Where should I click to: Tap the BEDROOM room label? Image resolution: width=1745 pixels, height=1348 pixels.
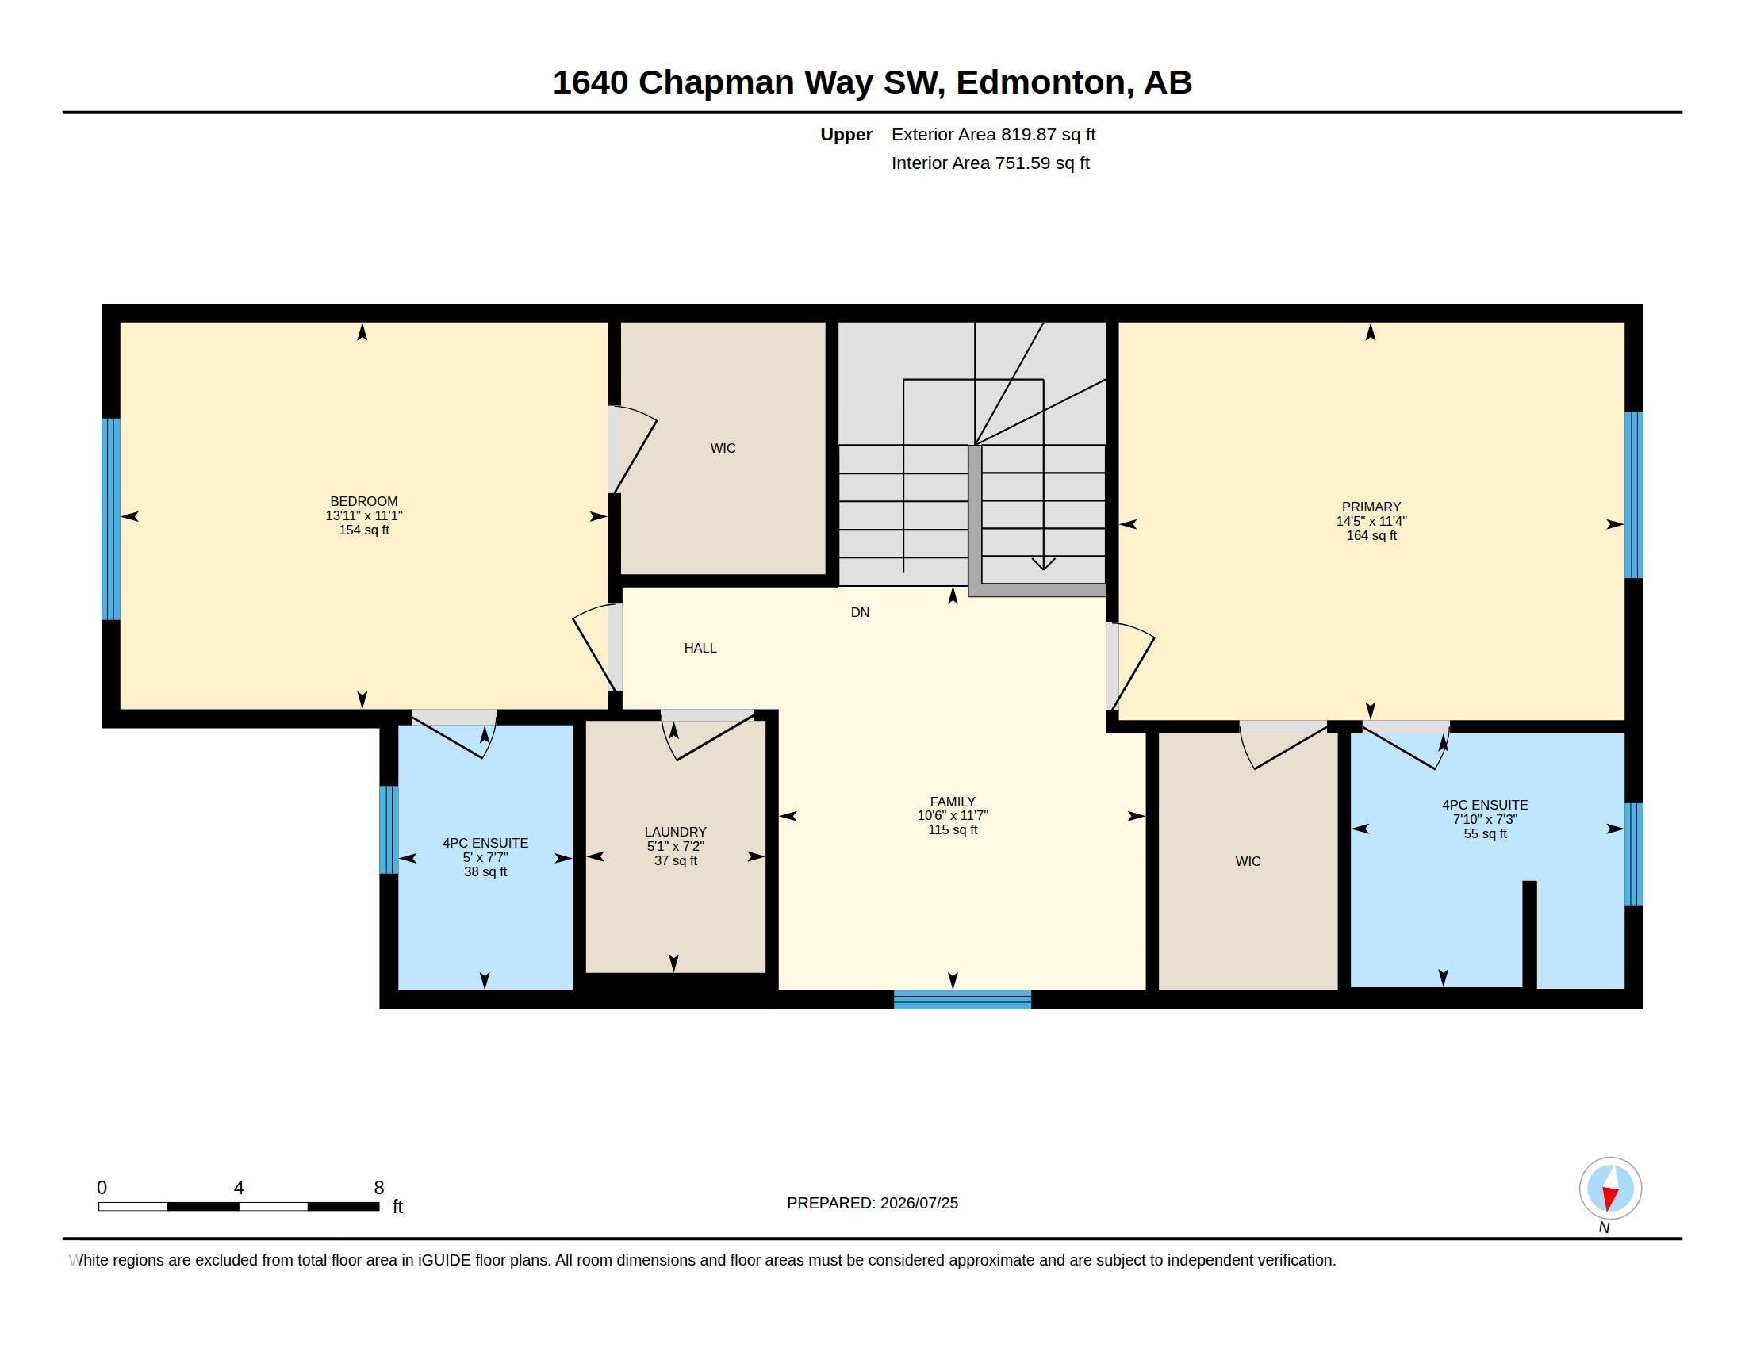pos(363,501)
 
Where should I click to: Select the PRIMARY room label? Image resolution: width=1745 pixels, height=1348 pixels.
pos(1371,507)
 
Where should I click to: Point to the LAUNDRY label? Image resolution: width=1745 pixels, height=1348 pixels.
pos(675,832)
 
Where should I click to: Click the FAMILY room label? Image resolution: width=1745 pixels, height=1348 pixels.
pos(953,802)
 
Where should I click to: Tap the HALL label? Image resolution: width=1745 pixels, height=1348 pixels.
pos(700,649)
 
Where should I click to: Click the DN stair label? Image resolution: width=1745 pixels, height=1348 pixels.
pos(860,612)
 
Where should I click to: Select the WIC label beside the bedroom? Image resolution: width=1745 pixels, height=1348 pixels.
pos(723,449)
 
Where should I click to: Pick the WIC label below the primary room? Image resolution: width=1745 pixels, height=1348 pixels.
pos(1248,862)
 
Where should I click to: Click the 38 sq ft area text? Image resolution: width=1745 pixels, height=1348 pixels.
pos(485,872)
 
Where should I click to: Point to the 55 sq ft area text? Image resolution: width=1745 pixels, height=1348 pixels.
pos(1486,833)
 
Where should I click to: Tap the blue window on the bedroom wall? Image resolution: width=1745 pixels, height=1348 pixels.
pos(111,519)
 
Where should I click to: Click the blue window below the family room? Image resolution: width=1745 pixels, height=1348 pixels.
pos(962,999)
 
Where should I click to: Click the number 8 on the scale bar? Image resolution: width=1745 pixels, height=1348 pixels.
pos(378,1188)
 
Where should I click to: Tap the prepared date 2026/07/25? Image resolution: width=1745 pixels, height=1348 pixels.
pos(919,1204)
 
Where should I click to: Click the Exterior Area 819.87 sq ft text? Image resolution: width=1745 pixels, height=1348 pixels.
pos(993,135)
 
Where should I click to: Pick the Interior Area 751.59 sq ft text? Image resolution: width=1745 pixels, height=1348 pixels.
pos(991,163)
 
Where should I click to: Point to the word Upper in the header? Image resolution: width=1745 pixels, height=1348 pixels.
pos(846,135)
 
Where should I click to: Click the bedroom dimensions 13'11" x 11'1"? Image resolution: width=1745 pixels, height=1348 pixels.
pos(363,516)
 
